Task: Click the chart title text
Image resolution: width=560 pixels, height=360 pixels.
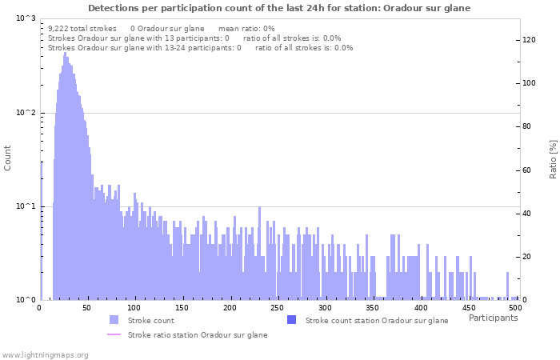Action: coord(279,8)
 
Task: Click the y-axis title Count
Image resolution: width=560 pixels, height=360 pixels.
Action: coord(8,158)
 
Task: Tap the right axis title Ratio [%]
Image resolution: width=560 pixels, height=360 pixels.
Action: coord(553,158)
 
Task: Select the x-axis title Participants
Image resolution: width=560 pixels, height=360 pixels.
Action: coord(493,318)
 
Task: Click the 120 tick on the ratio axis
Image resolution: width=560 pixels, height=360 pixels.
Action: coord(530,39)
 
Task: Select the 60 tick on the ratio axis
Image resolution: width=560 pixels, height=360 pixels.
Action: coord(527,170)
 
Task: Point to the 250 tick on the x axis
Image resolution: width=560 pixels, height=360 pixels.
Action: coord(277,307)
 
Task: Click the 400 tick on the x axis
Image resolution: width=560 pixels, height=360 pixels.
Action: coord(421,307)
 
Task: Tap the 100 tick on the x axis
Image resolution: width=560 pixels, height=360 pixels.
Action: coord(134,307)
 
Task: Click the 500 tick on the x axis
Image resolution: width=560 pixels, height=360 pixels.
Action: coord(516,307)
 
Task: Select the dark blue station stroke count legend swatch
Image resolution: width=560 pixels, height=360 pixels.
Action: coord(291,320)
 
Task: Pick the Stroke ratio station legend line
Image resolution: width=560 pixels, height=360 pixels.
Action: coord(114,334)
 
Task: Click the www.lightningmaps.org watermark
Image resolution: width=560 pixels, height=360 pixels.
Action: coord(45,354)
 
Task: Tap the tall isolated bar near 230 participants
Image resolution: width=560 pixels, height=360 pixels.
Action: coord(260,252)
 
